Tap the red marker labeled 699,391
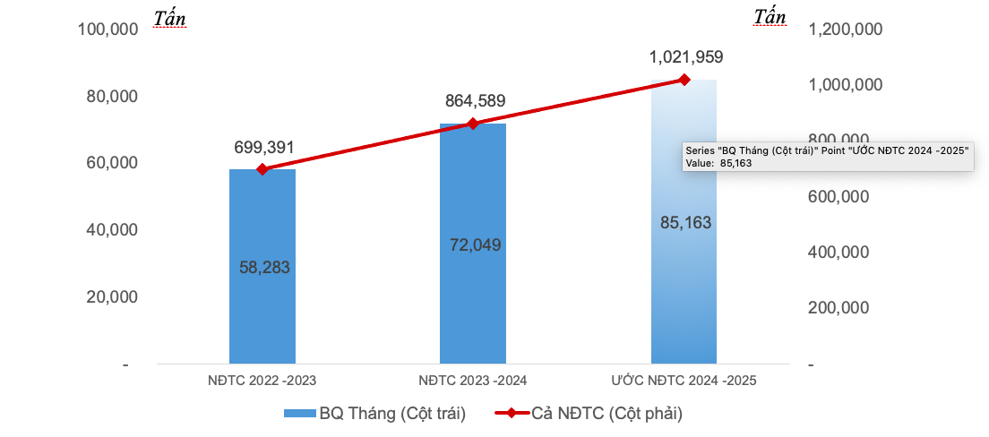(262, 169)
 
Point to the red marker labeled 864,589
(473, 124)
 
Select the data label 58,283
(264, 267)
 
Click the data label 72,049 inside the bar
(475, 244)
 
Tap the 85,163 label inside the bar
(685, 222)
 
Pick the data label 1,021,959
(686, 57)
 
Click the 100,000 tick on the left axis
(107, 30)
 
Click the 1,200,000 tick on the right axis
(846, 30)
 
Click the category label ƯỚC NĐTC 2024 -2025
(684, 381)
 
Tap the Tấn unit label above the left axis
(169, 17)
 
